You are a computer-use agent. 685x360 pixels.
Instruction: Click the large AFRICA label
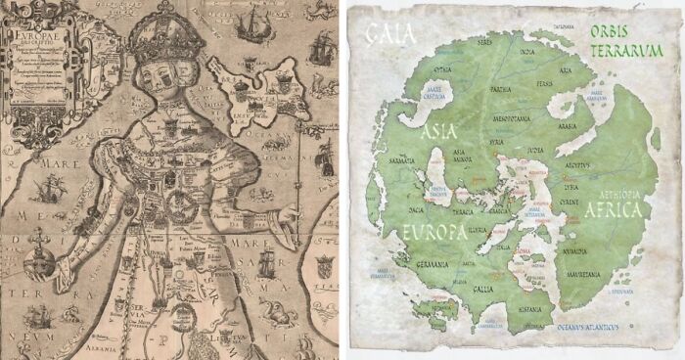point(615,209)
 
